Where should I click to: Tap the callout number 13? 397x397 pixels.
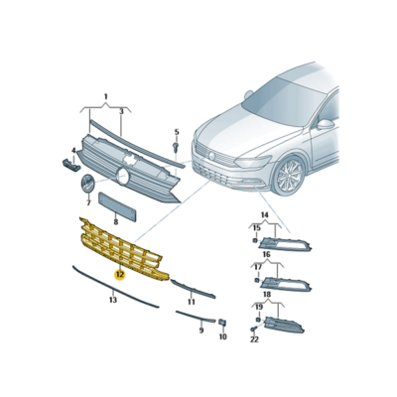[x=112, y=299]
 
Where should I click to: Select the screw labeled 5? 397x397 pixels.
[x=174, y=147]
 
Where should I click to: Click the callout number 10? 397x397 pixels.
[x=221, y=337]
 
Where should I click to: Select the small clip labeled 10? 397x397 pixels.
[x=221, y=322]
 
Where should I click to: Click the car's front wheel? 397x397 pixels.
[x=289, y=176]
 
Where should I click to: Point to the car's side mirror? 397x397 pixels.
[x=327, y=125]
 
